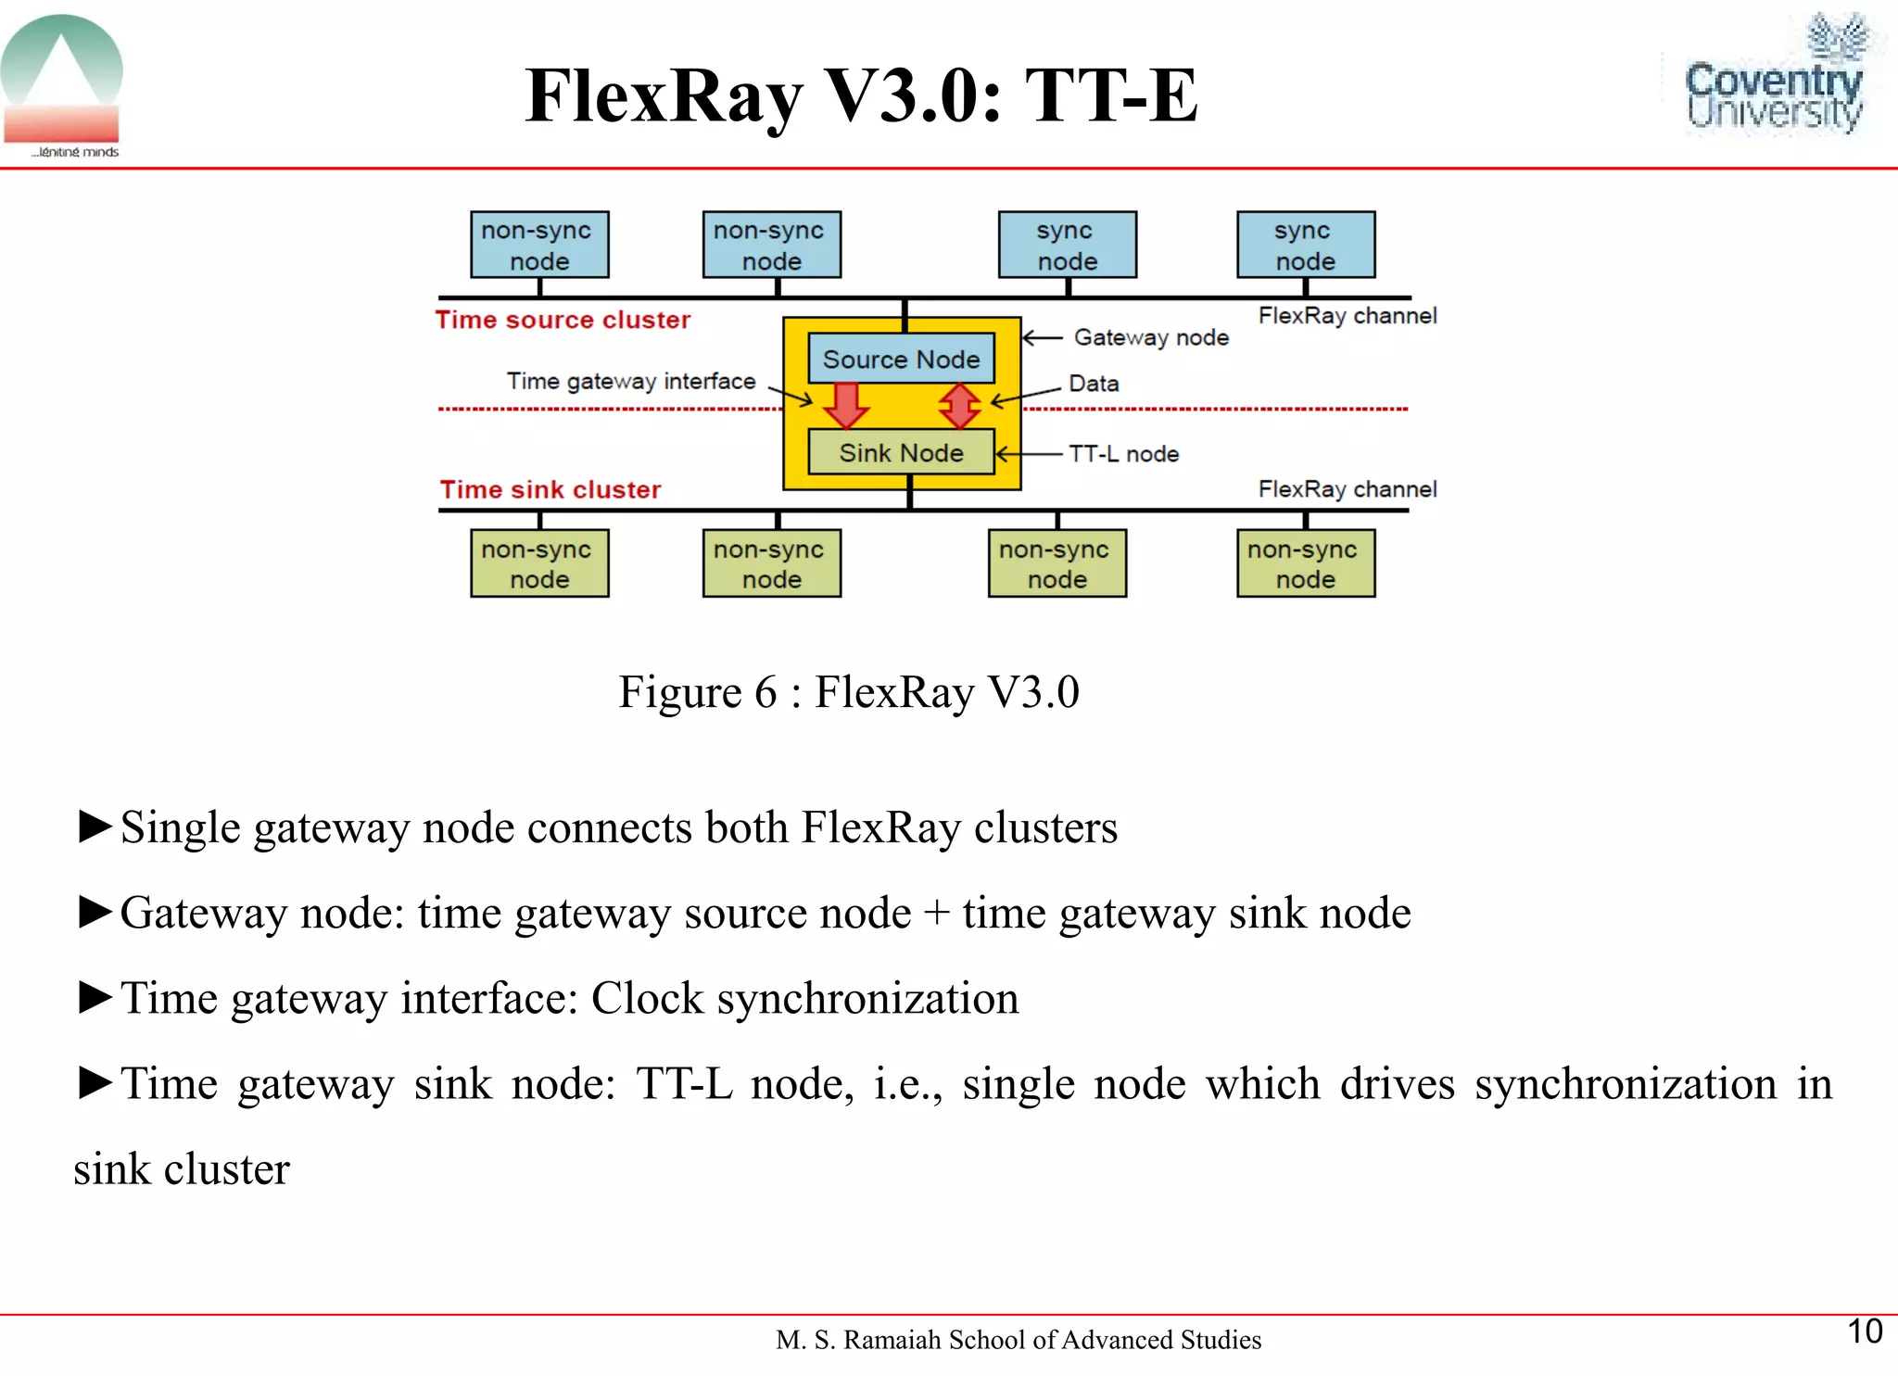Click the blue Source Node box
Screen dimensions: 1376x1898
point(901,359)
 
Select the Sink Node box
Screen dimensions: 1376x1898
point(901,452)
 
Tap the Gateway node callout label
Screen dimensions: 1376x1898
point(1150,337)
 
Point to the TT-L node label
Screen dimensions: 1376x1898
point(1123,454)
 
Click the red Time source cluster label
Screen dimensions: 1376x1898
point(563,320)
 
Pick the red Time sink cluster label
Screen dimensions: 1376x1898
point(550,489)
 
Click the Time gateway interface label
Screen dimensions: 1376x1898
point(630,381)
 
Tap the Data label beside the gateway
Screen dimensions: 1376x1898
point(1094,384)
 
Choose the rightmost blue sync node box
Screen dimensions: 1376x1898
point(1305,245)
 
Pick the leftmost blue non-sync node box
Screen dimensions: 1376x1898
point(539,245)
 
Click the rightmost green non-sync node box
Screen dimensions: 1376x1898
point(1305,563)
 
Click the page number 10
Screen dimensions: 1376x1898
point(1864,1332)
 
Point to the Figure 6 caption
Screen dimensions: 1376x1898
point(848,692)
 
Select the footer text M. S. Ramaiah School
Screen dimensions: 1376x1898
point(1018,1340)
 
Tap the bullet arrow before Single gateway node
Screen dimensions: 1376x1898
point(95,826)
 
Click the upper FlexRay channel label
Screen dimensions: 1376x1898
point(1347,316)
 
